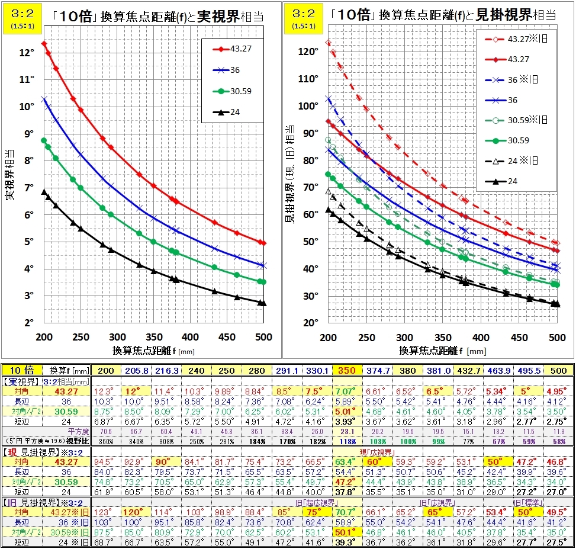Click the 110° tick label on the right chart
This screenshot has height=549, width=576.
pos(308,79)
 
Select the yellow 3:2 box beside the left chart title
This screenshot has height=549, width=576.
pos(14,16)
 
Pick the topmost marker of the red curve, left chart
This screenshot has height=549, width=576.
pos(44,44)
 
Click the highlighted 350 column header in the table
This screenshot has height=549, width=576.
pos(346,370)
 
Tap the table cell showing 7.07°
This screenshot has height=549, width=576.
pos(346,391)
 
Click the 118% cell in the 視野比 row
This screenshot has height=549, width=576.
pos(346,442)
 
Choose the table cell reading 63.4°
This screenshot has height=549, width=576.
pos(346,462)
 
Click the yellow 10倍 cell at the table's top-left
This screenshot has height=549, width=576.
pos(20,370)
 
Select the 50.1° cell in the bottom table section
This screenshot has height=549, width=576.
pos(346,532)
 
